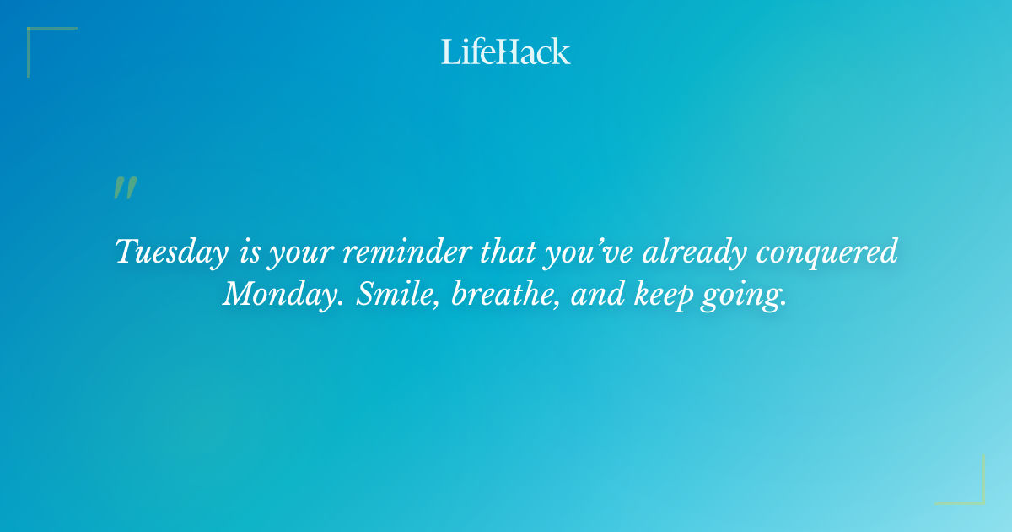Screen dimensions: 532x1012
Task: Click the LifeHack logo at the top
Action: coord(506,52)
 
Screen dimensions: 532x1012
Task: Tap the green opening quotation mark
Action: coord(125,188)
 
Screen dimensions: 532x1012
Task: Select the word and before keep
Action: coord(587,293)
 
